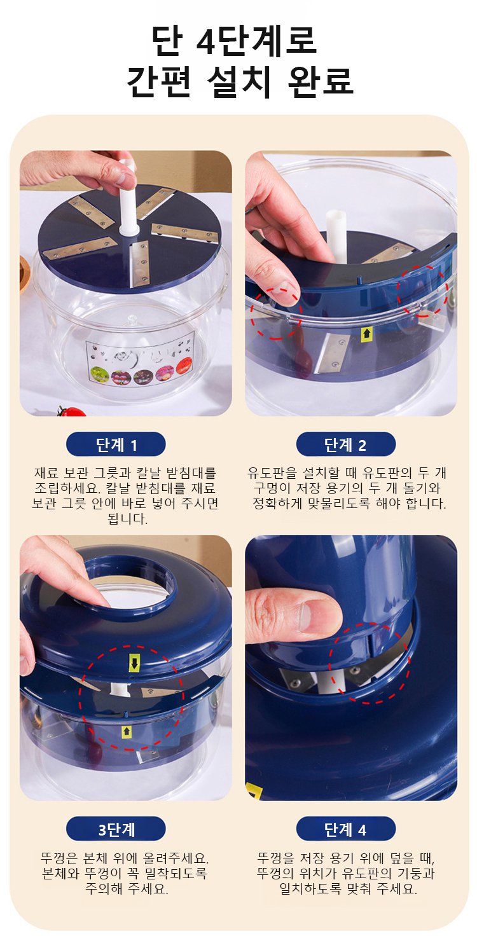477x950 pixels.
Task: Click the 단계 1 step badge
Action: (116, 444)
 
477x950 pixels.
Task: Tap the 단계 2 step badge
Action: (345, 444)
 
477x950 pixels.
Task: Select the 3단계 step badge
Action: (116, 829)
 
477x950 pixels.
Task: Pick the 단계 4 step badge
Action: (345, 829)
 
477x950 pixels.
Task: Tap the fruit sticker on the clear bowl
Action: (140, 360)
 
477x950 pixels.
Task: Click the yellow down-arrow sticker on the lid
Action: (134, 663)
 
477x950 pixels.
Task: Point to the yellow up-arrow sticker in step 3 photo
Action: (126, 731)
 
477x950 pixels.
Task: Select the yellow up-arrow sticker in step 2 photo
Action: (366, 334)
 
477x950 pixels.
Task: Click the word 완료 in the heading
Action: (321, 81)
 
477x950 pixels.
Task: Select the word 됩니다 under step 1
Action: (128, 519)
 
